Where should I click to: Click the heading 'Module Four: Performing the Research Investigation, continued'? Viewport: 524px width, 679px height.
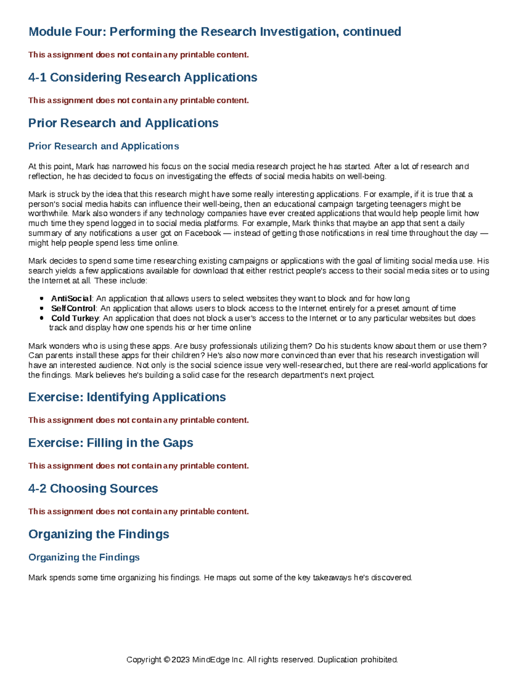214,31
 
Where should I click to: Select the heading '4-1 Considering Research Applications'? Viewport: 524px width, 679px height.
142,77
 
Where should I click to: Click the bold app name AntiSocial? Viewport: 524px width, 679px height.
71,299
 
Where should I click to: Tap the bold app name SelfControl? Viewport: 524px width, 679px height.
73,308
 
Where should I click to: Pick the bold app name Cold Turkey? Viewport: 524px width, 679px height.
75,318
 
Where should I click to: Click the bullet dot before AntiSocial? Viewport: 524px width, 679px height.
41,299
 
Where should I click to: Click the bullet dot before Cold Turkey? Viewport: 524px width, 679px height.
41,318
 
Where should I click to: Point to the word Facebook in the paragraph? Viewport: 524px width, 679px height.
203,233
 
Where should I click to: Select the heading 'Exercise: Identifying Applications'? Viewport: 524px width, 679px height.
127,397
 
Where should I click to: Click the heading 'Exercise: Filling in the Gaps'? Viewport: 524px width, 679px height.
110,443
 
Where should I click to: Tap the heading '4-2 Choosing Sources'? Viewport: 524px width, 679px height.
93,488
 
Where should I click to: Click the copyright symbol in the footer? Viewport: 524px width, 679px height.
166,660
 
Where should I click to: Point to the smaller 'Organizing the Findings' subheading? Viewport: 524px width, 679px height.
84,557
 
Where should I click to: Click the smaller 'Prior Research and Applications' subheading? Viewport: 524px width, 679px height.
103,146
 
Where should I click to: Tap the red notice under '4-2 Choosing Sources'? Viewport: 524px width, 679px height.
138,512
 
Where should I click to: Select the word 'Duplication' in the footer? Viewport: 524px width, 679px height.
337,660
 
